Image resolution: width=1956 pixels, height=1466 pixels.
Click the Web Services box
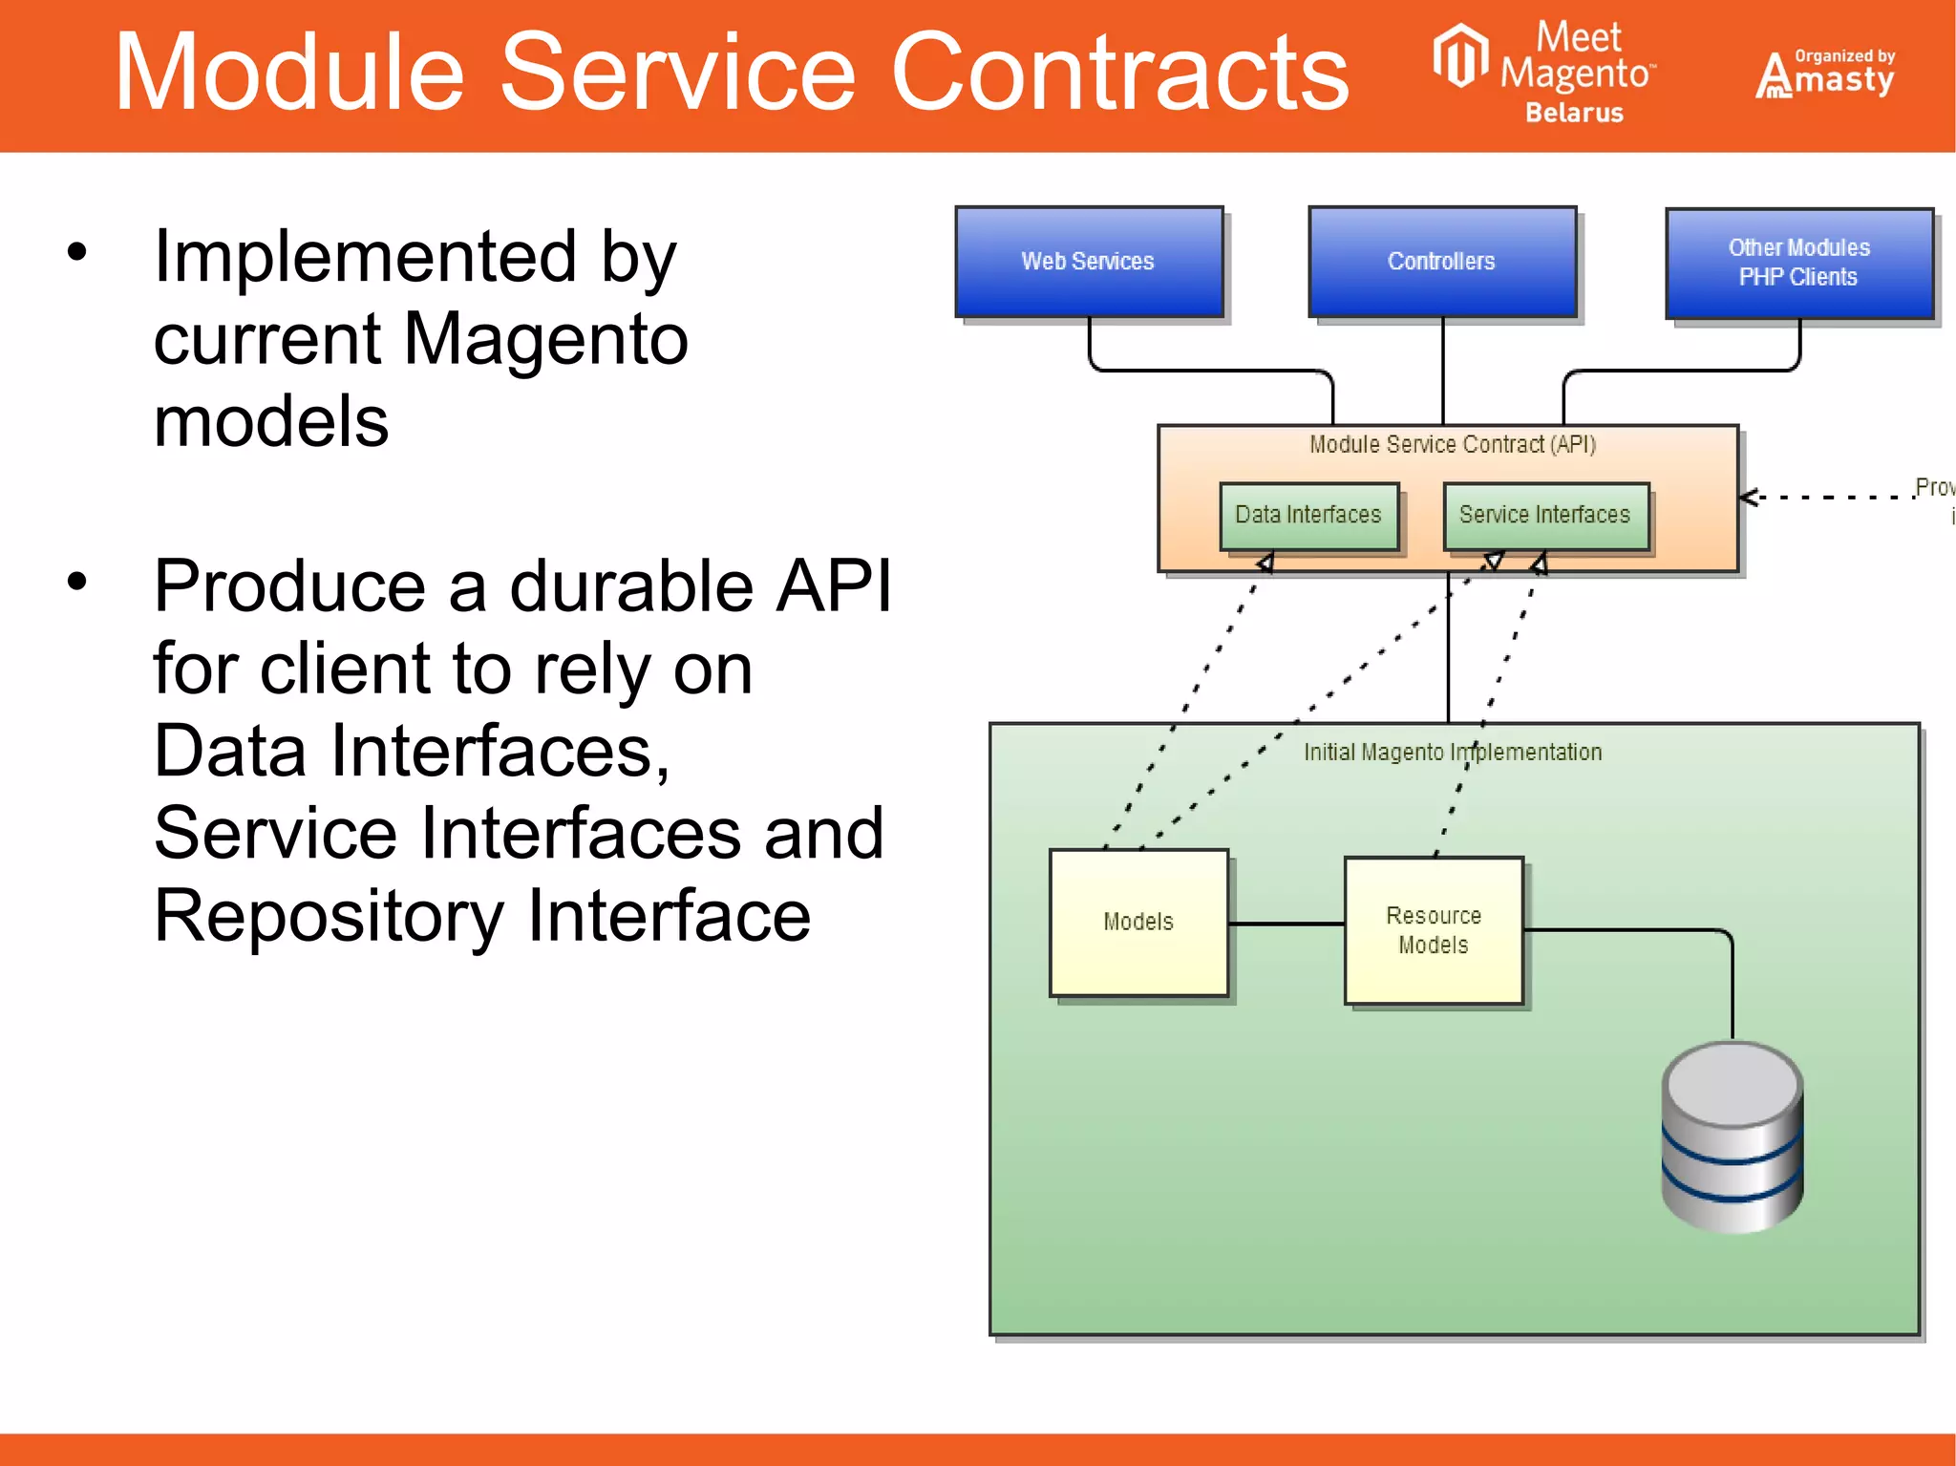pyautogui.click(x=1089, y=262)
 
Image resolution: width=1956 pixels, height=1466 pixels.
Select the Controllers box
pyautogui.click(x=1442, y=262)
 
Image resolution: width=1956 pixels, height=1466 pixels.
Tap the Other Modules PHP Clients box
pyautogui.click(x=1798, y=263)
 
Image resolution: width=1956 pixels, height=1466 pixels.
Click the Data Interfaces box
pyautogui.click(x=1308, y=516)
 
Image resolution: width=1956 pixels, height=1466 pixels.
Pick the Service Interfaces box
pyautogui.click(x=1545, y=516)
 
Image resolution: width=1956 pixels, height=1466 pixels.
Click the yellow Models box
pyautogui.click(x=1138, y=922)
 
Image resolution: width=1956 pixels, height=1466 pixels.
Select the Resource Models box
pyautogui.click(x=1433, y=930)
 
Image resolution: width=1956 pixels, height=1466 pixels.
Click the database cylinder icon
pyautogui.click(x=1732, y=1137)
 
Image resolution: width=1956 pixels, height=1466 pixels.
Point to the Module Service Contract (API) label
pyautogui.click(x=1452, y=444)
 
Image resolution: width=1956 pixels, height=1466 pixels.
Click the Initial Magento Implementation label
pyautogui.click(x=1452, y=753)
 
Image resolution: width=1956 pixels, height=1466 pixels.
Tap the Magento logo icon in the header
pyautogui.click(x=1460, y=55)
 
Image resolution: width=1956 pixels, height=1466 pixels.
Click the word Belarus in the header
pyautogui.click(x=1574, y=113)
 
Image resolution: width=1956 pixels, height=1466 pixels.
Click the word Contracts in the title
pyautogui.click(x=1119, y=73)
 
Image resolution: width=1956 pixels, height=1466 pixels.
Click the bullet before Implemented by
pyautogui.click(x=77, y=252)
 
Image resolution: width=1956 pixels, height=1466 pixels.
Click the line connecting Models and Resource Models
pyautogui.click(x=1286, y=924)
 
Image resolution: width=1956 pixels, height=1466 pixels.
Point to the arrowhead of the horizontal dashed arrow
pyautogui.click(x=1746, y=497)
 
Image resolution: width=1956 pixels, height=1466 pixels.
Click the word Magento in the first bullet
pyautogui.click(x=545, y=339)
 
